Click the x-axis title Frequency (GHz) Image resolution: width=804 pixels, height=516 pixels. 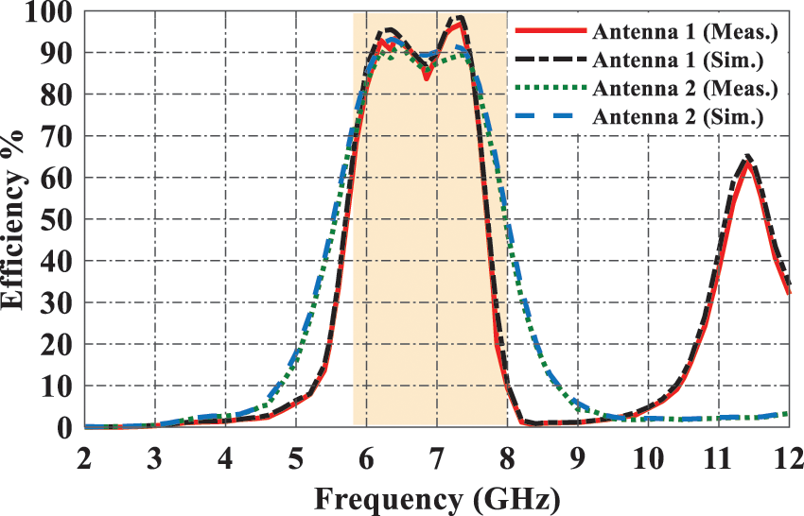point(436,496)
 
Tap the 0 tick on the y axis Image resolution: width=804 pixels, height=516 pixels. point(64,427)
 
